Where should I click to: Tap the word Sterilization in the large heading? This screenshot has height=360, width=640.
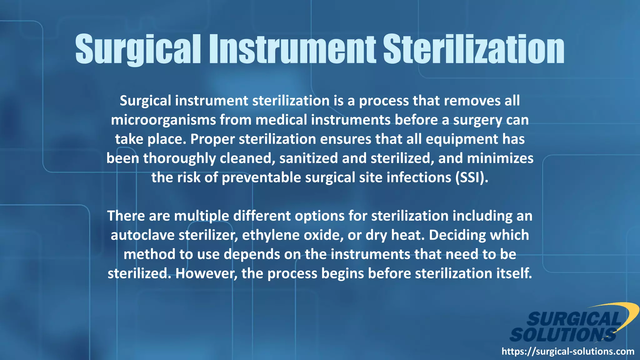coord(474,49)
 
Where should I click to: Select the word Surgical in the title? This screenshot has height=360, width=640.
coord(138,49)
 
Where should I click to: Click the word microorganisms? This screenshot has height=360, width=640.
coord(163,120)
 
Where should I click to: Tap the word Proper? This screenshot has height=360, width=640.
coord(212,139)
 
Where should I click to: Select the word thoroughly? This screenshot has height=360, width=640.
coord(179,158)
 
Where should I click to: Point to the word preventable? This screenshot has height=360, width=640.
coord(261,177)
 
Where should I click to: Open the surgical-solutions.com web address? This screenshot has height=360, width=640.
coord(568,352)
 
